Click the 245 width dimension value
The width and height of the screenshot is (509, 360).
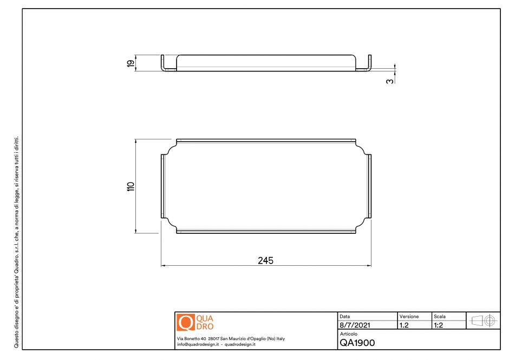pyautogui.click(x=265, y=260)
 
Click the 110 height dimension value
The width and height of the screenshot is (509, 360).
pyautogui.click(x=130, y=186)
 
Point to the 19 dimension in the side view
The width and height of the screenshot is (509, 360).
pyautogui.click(x=130, y=63)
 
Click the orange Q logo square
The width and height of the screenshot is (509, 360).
pyautogui.click(x=185, y=323)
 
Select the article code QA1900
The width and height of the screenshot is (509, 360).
pyautogui.click(x=357, y=342)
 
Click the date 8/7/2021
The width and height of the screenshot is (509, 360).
pyautogui.click(x=355, y=325)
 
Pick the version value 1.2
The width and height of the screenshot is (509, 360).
pyautogui.click(x=404, y=325)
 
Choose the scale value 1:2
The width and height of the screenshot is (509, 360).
pyautogui.click(x=439, y=325)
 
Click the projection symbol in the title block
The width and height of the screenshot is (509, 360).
pyautogui.click(x=484, y=320)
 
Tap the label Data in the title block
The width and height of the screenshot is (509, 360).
pyautogui.click(x=345, y=316)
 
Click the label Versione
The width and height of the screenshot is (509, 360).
pyautogui.click(x=409, y=316)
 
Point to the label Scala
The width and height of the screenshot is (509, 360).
pyautogui.click(x=440, y=316)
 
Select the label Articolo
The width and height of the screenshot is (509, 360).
pyautogui.click(x=349, y=334)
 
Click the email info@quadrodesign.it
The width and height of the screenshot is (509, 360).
pyautogui.click(x=197, y=344)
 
